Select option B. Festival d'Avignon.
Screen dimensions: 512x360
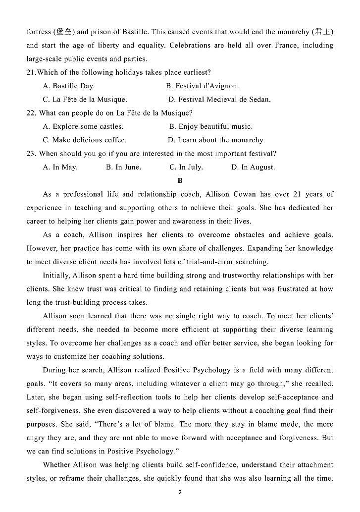point(202,86)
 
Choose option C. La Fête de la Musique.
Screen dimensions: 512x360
point(85,99)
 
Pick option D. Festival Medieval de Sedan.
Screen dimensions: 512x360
point(219,99)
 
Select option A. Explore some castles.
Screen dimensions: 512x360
point(83,126)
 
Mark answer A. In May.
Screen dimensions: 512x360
point(60,167)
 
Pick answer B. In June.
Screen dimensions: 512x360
point(123,167)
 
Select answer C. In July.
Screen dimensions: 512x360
point(186,167)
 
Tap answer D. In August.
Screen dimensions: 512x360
point(253,167)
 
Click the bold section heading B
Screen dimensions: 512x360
point(180,181)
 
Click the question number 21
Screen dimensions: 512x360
point(31,72)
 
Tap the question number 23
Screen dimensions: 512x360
point(31,154)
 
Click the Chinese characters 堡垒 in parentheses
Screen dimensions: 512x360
point(64,32)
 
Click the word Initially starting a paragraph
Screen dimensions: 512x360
point(57,275)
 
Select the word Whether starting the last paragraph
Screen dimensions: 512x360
point(57,464)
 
